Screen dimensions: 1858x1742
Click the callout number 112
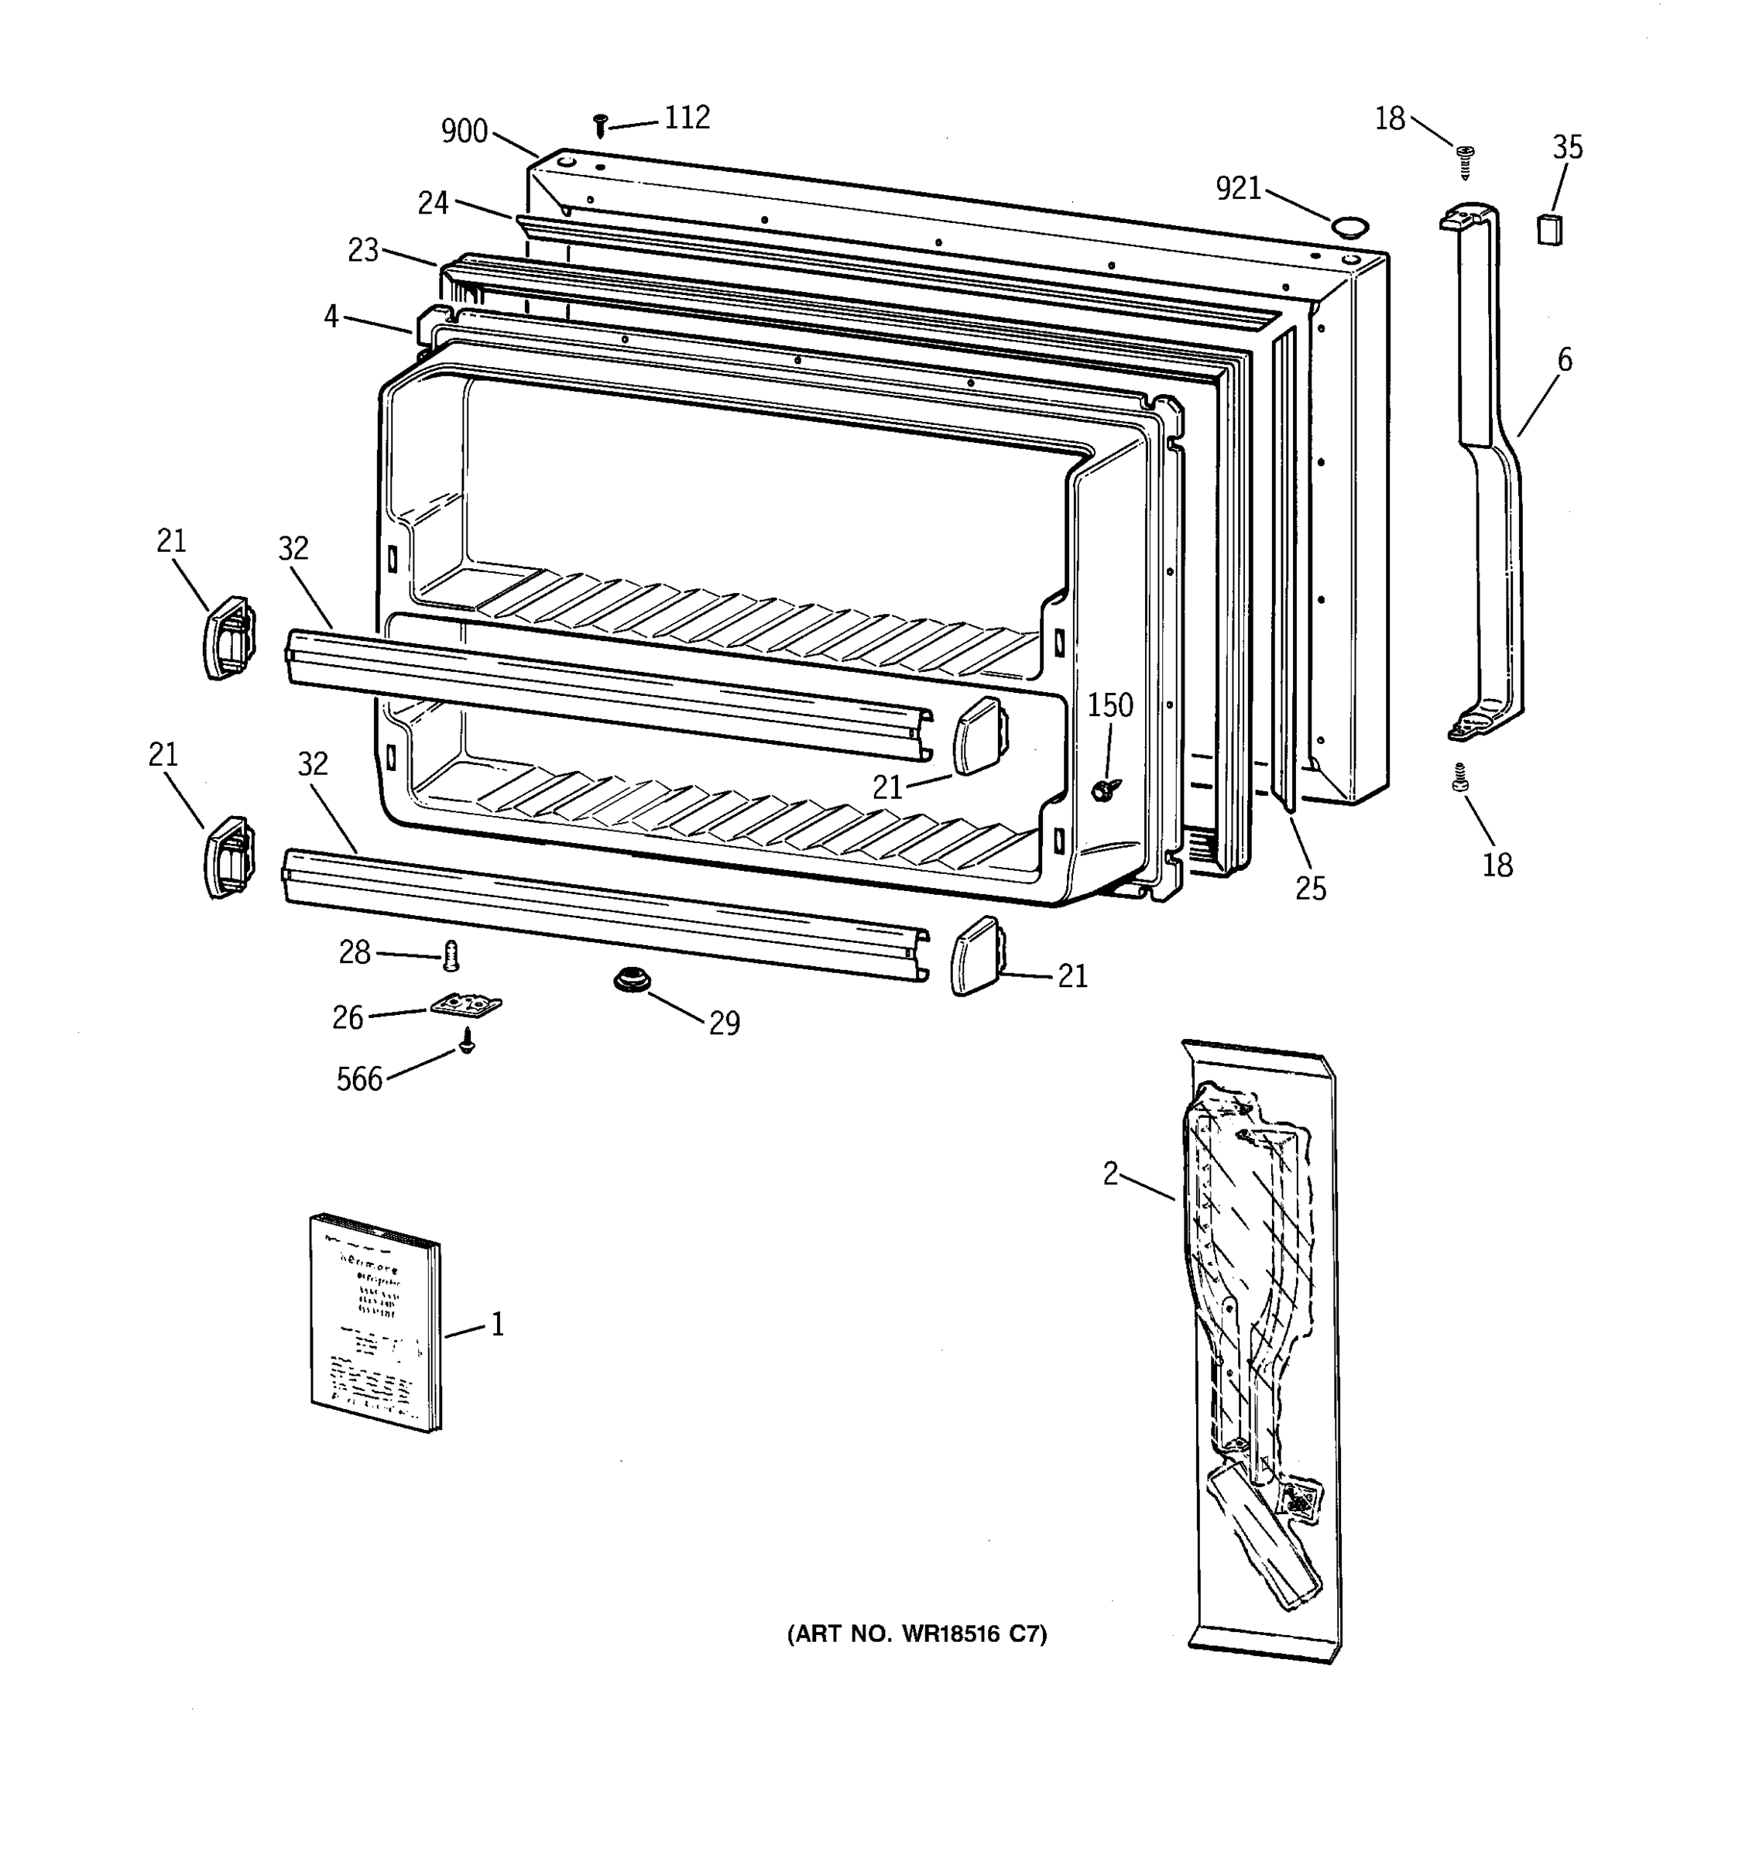687,118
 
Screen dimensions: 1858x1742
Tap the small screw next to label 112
602,125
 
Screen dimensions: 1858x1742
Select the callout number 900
465,132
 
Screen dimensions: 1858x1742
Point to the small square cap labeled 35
1548,228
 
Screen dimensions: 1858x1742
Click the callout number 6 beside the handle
1565,359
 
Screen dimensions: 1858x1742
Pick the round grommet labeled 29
632,980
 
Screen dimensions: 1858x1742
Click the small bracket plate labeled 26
466,1005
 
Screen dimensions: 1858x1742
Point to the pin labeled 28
451,955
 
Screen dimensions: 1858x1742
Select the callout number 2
1110,1174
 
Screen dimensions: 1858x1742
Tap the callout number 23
364,251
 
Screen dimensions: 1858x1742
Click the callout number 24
433,203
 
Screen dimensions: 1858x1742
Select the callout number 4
331,317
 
